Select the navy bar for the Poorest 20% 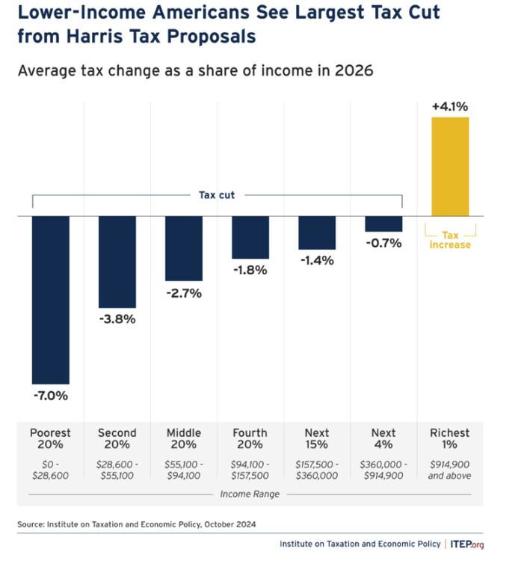point(50,299)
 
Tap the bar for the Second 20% point(117,262)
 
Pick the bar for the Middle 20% point(183,248)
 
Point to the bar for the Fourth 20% point(250,237)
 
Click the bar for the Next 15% point(317,233)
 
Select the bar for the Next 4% point(383,224)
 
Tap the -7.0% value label point(50,396)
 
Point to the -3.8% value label point(117,319)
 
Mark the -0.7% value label point(383,243)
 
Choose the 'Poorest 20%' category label point(50,439)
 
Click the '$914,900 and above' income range point(450,469)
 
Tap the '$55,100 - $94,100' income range point(183,469)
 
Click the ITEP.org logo point(469,544)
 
